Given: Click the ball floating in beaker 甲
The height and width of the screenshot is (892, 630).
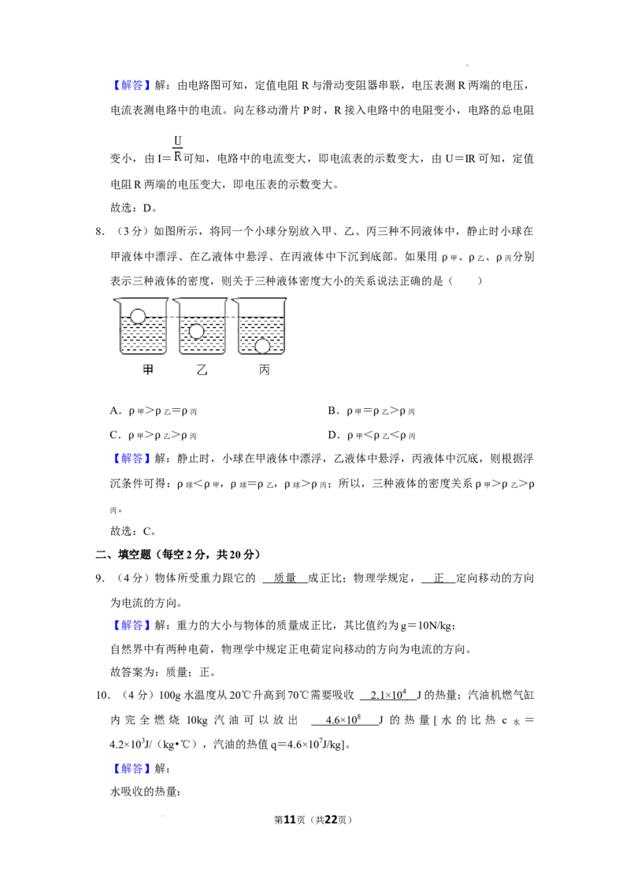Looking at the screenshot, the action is [138, 316].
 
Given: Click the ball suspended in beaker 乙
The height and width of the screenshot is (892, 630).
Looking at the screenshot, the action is [197, 330].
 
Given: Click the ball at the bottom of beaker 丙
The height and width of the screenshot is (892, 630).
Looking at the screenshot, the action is [262, 345].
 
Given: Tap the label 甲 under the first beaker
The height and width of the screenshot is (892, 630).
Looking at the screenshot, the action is [148, 370].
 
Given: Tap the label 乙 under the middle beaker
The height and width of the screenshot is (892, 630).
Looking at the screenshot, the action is [202, 370].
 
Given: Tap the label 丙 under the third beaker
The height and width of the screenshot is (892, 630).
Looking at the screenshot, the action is [265, 370].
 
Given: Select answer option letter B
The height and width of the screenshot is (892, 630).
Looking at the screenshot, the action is [332, 411].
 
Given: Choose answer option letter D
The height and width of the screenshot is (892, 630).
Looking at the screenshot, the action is [332, 435].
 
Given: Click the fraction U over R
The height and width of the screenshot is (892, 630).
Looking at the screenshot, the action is [177, 148].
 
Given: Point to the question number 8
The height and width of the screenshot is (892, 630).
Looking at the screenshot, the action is [99, 232].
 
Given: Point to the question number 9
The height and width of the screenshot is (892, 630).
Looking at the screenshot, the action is [99, 578].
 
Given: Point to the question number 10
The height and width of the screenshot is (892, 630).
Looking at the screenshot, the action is [102, 695].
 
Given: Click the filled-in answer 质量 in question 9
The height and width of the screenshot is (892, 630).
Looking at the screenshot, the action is [285, 578].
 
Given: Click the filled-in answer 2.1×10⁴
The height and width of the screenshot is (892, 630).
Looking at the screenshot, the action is [388, 694].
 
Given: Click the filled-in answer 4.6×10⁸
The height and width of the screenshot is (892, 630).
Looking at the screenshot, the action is [343, 719].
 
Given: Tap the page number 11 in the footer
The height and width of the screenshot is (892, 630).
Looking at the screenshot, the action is [290, 820].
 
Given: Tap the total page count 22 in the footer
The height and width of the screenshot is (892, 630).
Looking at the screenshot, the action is [332, 820].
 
